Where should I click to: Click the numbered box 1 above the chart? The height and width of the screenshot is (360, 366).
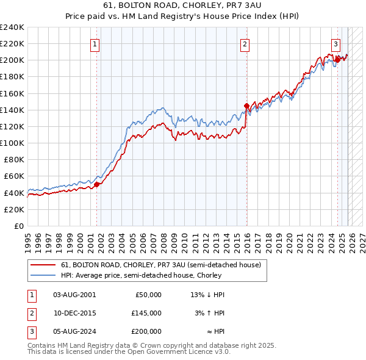click(96, 43)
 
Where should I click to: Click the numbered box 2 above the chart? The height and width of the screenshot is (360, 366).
click(245, 43)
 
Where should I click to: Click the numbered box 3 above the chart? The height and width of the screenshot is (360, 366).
click(335, 43)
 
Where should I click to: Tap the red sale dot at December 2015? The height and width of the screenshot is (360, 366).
click(246, 106)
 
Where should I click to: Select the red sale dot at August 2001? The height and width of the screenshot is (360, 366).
click(96, 184)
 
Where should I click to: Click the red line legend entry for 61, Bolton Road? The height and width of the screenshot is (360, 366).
click(161, 265)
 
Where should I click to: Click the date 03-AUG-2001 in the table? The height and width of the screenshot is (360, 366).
click(74, 294)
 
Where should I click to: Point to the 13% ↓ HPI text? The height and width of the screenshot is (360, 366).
click(207, 294)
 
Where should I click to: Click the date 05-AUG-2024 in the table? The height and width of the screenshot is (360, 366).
click(74, 331)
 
